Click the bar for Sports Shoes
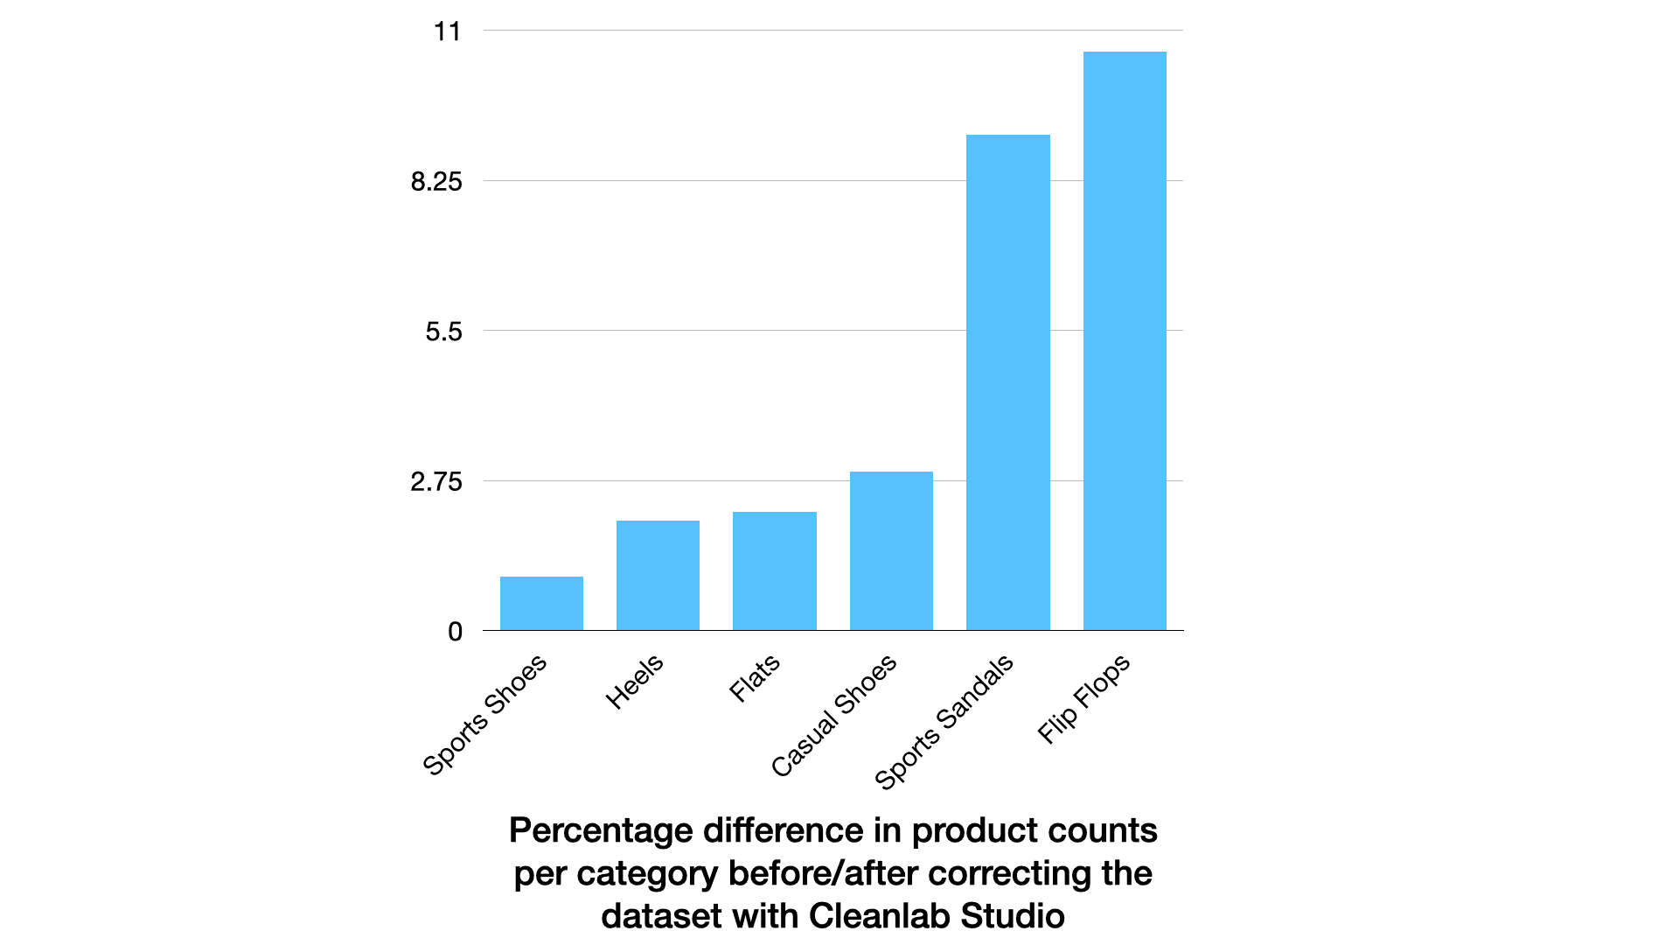541,604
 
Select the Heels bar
658,576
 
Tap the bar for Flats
774,571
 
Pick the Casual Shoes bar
891,551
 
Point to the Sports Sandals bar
1007,382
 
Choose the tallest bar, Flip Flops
1125,341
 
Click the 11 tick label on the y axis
447,32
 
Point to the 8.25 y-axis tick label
436,182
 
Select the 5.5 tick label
443,332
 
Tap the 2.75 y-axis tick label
436,482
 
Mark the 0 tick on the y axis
455,632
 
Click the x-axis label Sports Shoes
484,715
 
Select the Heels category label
635,682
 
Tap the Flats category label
754,678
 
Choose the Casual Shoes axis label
833,716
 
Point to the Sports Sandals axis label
944,722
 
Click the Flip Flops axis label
1083,699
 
